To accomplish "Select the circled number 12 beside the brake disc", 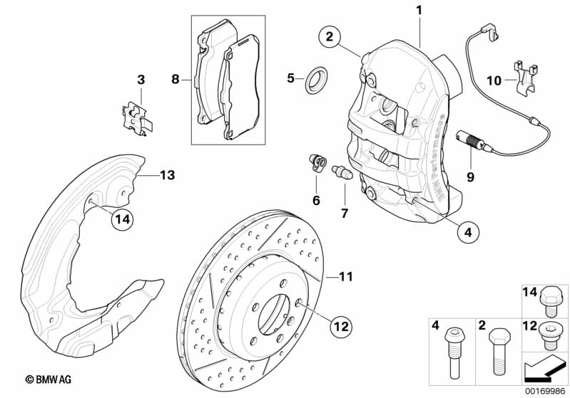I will [341, 327].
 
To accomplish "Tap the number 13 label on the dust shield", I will [166, 174].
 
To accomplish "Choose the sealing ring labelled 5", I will [314, 80].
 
